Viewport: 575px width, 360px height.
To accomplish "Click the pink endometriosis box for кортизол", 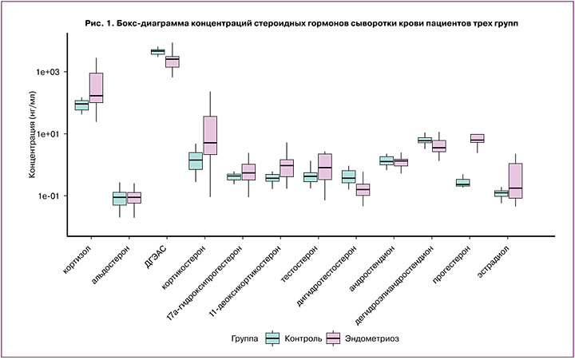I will [x=97, y=88].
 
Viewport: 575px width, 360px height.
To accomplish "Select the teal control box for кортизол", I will [x=81, y=105].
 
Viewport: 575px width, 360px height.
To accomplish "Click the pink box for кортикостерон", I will [x=210, y=135].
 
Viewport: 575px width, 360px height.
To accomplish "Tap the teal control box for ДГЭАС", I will [x=157, y=52].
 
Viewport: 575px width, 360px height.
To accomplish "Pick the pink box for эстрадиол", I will [x=515, y=180].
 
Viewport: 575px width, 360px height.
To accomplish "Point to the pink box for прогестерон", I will [x=478, y=138].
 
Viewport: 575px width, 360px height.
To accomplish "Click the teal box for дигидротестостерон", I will [x=348, y=176].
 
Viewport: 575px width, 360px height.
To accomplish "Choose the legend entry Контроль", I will [x=295, y=338].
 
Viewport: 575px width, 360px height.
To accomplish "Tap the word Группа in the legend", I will [x=244, y=338].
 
